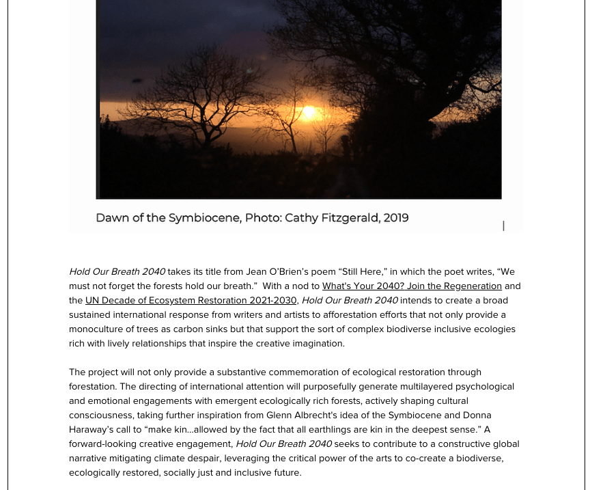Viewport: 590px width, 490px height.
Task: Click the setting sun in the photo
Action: [309, 111]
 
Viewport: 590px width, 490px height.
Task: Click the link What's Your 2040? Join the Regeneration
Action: [412, 286]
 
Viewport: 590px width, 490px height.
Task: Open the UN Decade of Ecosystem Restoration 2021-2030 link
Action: [191, 300]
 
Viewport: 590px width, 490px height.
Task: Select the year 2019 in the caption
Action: [396, 218]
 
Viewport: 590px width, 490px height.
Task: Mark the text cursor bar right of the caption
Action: [503, 226]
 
